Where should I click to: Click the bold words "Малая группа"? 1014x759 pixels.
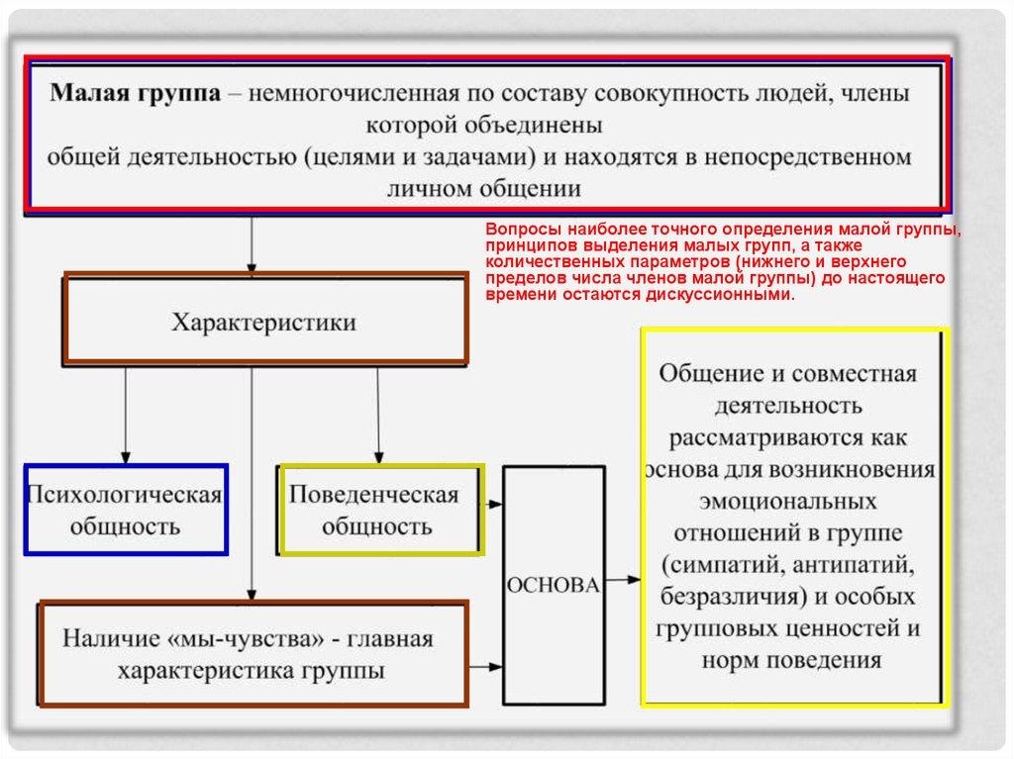[137, 95]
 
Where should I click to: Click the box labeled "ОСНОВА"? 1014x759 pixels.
[554, 585]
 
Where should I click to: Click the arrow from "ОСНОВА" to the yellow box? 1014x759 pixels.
[623, 578]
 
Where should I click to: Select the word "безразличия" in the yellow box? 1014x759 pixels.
[726, 597]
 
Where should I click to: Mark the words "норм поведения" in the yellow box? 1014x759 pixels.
[791, 660]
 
